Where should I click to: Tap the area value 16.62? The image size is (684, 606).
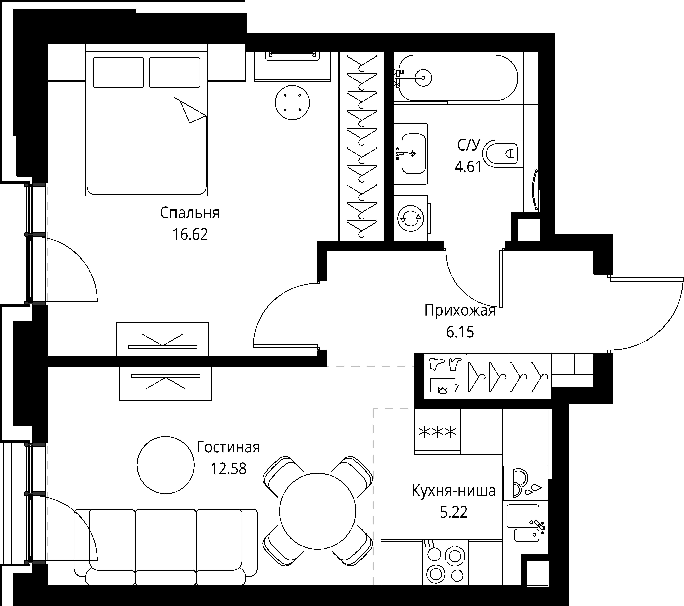pos(190,235)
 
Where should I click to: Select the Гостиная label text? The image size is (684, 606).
pos(228,447)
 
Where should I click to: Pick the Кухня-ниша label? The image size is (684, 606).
pos(453,491)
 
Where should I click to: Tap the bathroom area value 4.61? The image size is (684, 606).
pos(468,166)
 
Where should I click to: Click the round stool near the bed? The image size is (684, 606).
pos(292,102)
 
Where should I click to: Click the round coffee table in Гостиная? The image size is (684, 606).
pos(165,465)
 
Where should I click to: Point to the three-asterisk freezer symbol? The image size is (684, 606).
pos(437,432)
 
